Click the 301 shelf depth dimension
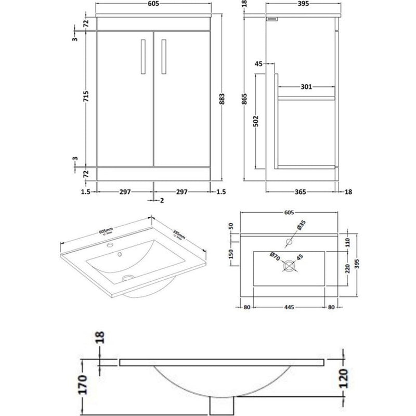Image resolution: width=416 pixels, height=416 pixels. [x=306, y=87]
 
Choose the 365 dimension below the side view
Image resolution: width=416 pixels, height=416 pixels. [x=302, y=192]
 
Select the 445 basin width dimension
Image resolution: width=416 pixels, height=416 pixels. [x=290, y=307]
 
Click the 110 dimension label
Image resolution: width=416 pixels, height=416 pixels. [x=348, y=241]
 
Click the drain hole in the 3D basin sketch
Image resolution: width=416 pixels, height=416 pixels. [x=127, y=279]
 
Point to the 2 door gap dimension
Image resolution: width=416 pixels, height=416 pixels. [x=162, y=200]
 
